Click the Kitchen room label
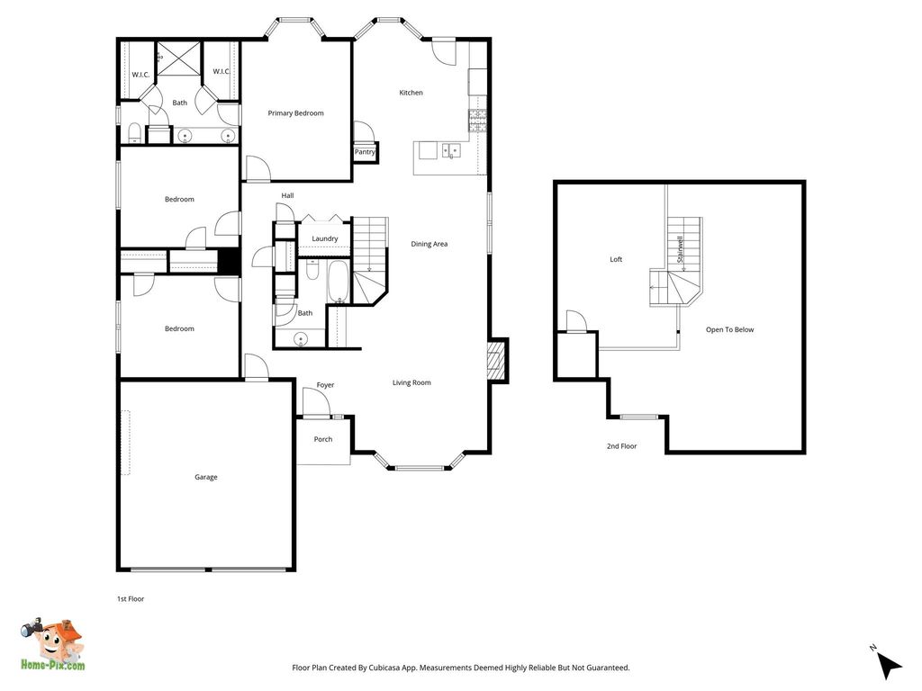tap(411, 93)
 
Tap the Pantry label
tap(365, 151)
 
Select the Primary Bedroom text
tap(295, 112)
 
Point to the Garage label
tap(206, 477)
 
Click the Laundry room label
tap(324, 238)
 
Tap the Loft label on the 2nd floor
tap(616, 259)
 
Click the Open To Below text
tap(729, 329)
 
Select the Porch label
tap(323, 439)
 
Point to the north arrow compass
tap(887, 663)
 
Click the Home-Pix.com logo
tap(52, 644)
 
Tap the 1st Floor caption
tap(130, 598)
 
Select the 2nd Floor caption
tap(621, 446)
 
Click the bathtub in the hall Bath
tap(339, 282)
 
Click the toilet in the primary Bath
tap(135, 133)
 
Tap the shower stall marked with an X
tap(179, 58)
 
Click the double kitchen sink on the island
tap(451, 151)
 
